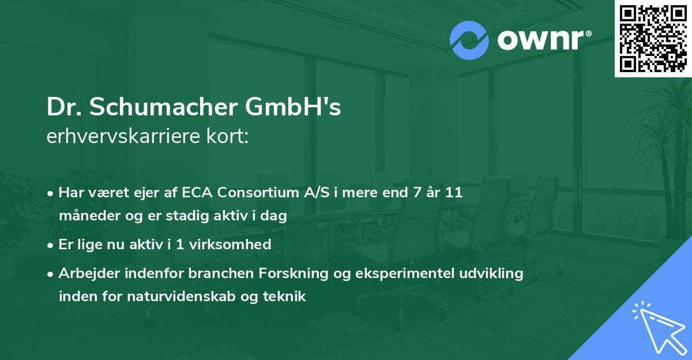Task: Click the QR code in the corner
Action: coord(653,39)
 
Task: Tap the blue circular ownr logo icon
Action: coord(469,40)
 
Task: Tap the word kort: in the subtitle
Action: coord(229,136)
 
